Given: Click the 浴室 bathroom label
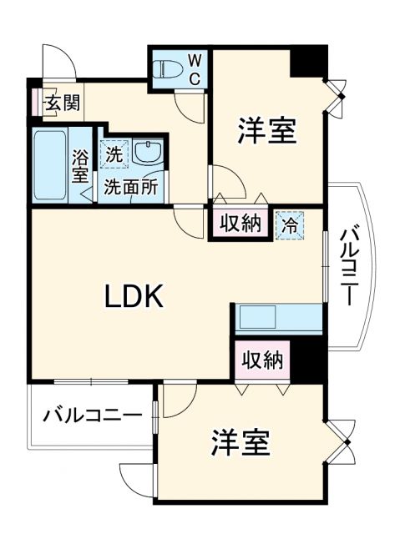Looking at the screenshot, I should [x=81, y=164].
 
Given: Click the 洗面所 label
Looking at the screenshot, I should [x=131, y=187].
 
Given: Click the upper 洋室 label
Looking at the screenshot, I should [x=266, y=131].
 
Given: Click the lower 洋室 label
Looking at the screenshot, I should [x=241, y=441].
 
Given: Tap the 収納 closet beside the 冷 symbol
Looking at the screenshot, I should [x=241, y=223].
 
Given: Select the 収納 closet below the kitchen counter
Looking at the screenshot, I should [x=262, y=360].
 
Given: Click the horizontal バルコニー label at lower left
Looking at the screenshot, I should [x=88, y=414].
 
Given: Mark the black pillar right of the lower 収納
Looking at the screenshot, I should [x=307, y=360].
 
